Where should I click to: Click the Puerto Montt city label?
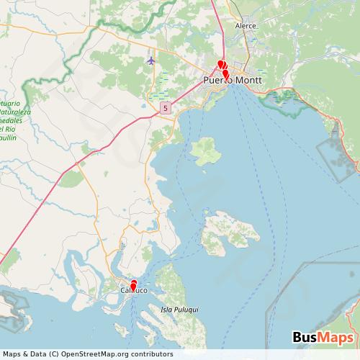click(x=232, y=81)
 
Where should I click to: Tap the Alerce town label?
click(x=246, y=25)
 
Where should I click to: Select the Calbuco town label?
click(x=132, y=291)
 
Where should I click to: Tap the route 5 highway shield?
click(x=166, y=108)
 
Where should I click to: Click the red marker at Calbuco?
click(x=133, y=284)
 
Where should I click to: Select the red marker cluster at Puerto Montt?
click(x=223, y=68)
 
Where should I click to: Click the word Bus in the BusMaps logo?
click(x=305, y=337)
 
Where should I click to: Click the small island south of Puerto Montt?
click(x=205, y=150)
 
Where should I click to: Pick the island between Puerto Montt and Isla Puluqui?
click(x=230, y=234)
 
